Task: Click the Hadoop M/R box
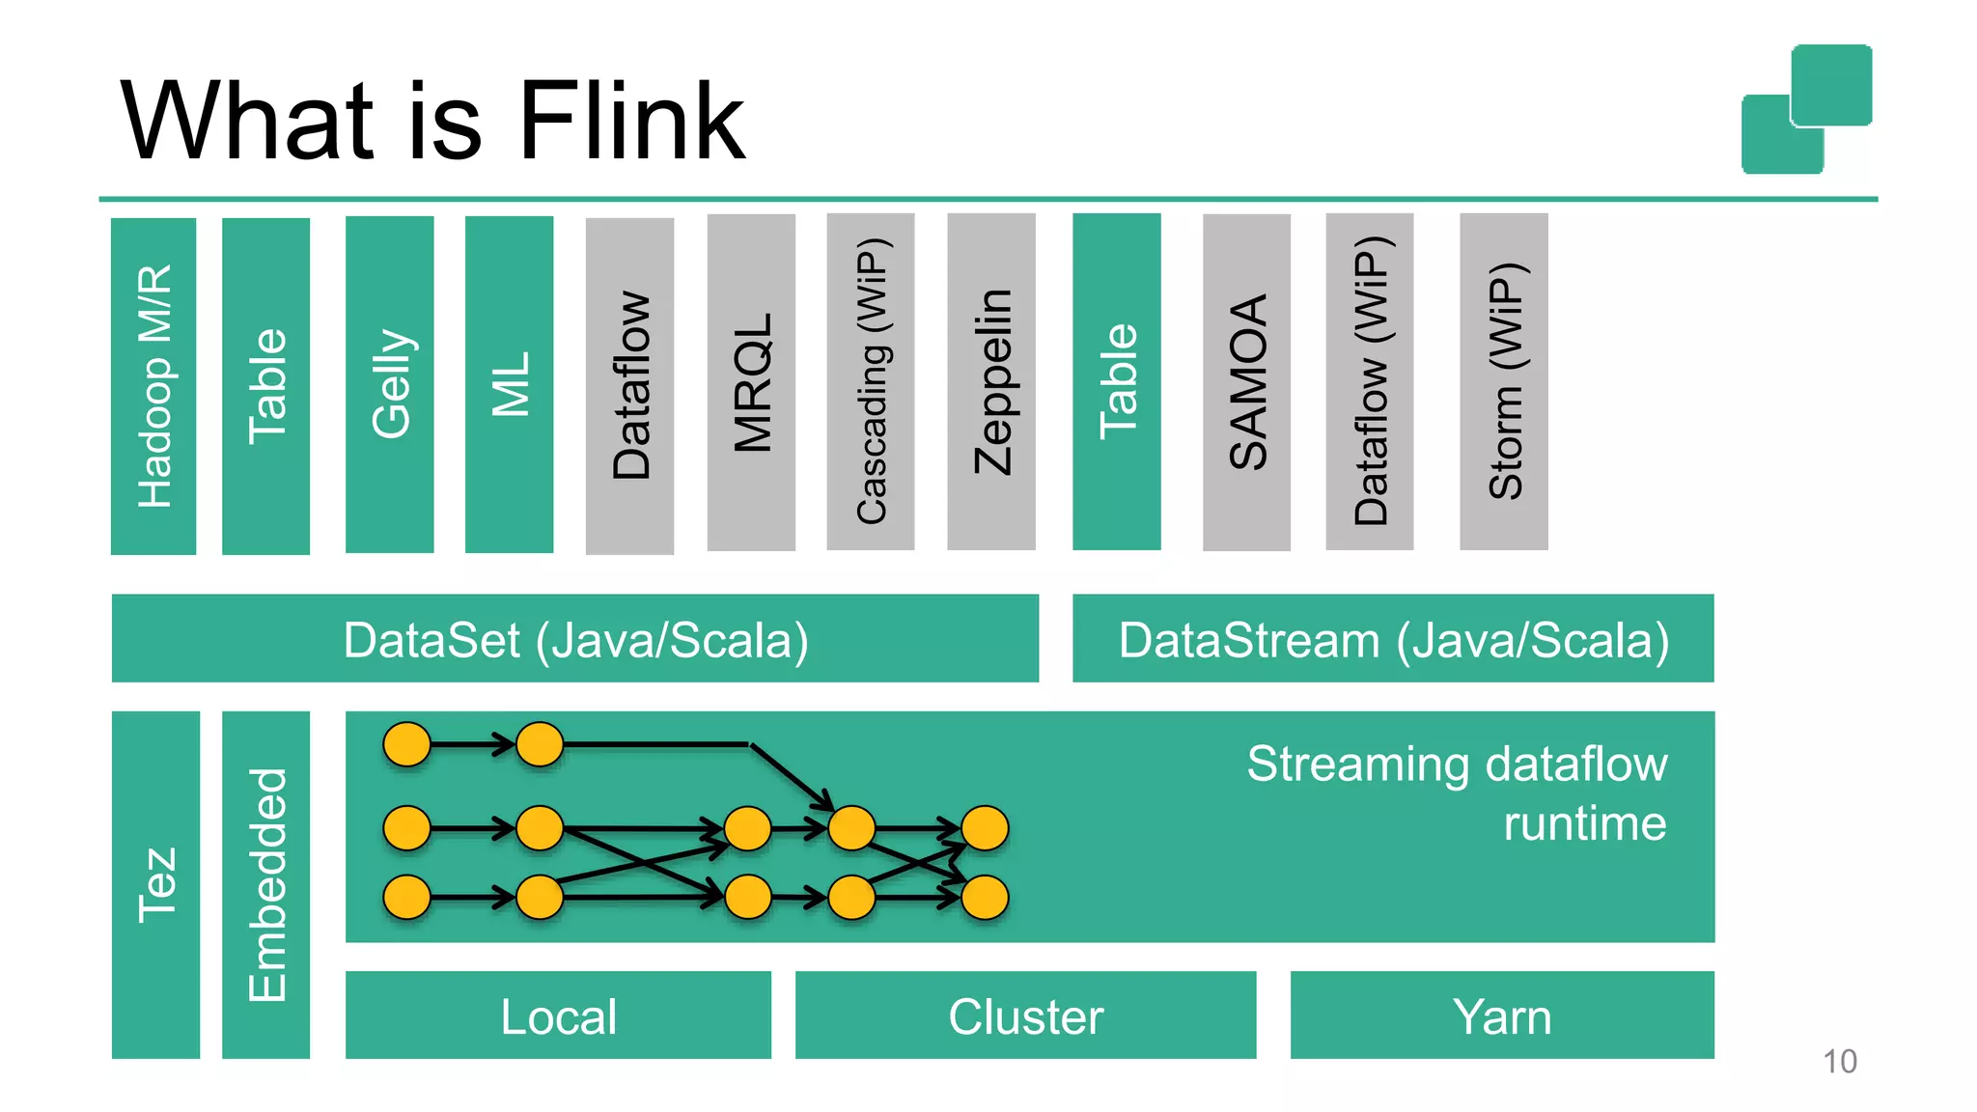click(153, 386)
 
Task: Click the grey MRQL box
click(751, 382)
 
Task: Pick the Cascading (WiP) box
click(870, 381)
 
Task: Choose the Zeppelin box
click(991, 381)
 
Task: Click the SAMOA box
click(1246, 382)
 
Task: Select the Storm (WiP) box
click(1503, 381)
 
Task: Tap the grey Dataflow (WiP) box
click(1369, 381)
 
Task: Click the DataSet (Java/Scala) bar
click(575, 639)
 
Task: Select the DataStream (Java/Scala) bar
click(1393, 639)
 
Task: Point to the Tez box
click(155, 884)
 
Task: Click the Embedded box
click(266, 884)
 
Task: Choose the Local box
click(558, 1015)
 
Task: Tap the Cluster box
click(1025, 1015)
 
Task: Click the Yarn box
click(1502, 1015)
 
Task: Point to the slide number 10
click(1839, 1061)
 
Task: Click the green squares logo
click(1806, 109)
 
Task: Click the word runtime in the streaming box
click(1584, 823)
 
